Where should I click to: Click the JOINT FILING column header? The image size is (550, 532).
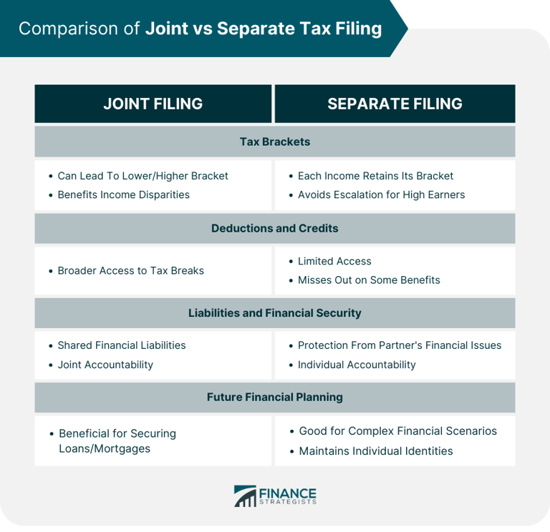coord(153,104)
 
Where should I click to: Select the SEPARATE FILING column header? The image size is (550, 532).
coord(395,104)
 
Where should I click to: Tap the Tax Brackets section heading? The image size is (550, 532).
coord(275,142)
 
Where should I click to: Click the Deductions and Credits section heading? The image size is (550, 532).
coord(275,229)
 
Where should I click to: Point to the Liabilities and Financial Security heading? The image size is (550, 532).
coord(275,312)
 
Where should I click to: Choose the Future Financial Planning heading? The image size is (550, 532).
coord(275,397)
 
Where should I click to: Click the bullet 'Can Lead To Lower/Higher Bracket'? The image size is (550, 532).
coord(143,176)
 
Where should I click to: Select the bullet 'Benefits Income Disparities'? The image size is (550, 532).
coord(123,194)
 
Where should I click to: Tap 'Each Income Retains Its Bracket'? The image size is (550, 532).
coord(375,176)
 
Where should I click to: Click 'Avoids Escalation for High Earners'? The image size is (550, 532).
coord(381,194)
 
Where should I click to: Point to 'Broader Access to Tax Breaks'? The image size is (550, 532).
coord(130,270)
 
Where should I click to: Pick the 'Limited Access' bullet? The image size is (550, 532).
coord(334,261)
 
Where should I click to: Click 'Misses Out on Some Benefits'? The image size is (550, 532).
coord(369,280)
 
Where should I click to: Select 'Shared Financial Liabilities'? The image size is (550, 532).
coord(121,345)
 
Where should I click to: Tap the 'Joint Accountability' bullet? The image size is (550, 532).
coord(105,365)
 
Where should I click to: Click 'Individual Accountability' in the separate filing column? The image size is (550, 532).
coord(357,365)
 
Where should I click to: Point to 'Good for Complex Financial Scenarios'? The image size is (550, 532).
coord(397,431)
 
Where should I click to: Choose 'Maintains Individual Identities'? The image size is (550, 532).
coord(376,451)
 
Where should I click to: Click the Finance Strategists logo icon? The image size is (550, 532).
coord(245,496)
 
